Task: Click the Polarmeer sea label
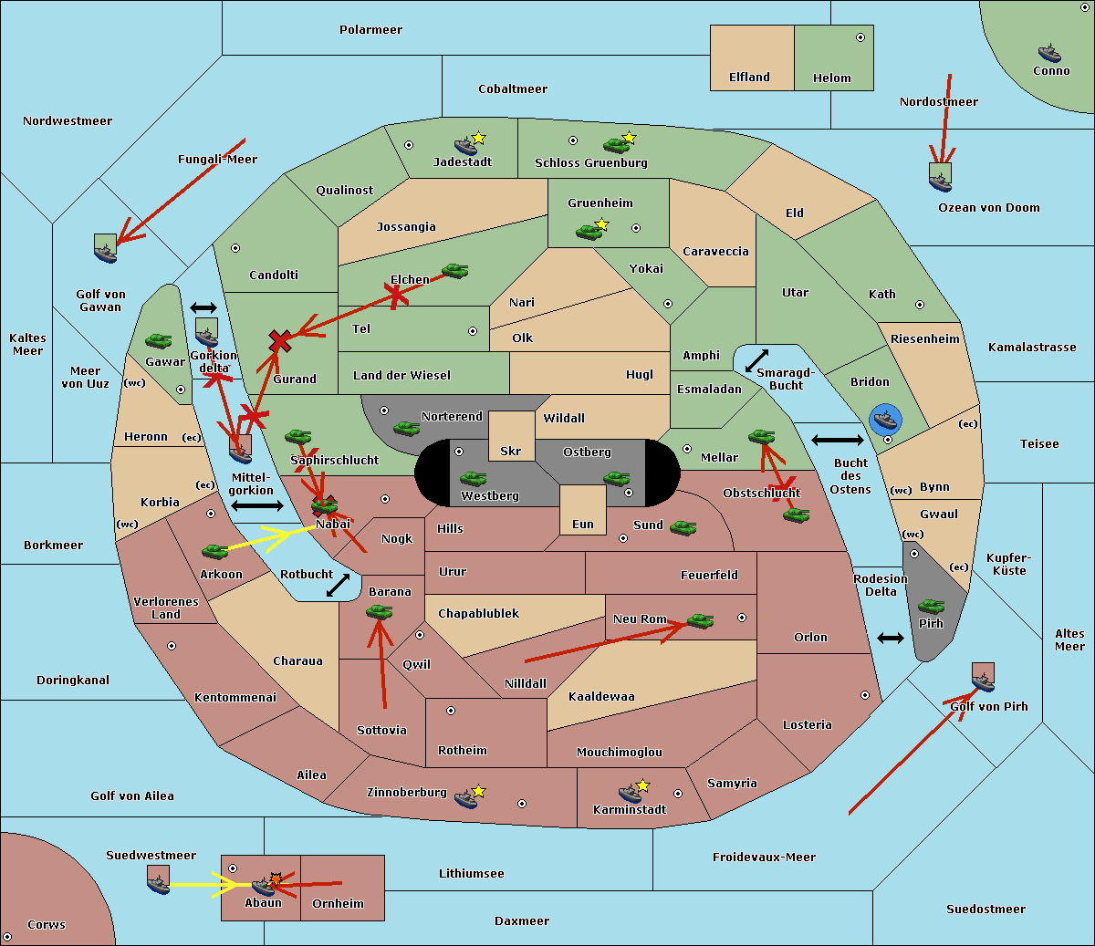pos(370,30)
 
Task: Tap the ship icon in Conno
pos(1049,53)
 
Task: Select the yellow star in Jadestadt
pos(479,138)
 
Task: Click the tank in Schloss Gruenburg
pos(616,145)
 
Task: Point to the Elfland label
pos(749,78)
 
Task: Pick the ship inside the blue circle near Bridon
pos(885,420)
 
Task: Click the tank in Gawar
pos(159,341)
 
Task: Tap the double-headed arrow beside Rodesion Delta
pos(891,638)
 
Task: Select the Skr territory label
pos(511,451)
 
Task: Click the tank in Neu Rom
pos(700,620)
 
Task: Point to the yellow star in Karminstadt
pos(643,785)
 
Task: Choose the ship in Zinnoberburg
pos(465,799)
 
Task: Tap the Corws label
pos(47,924)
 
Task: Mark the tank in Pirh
pos(932,606)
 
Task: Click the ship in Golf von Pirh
pos(983,681)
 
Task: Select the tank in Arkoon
pos(214,551)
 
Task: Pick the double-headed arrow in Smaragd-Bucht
pos(756,361)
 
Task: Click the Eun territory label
pos(583,524)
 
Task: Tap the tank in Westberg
pos(473,478)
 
